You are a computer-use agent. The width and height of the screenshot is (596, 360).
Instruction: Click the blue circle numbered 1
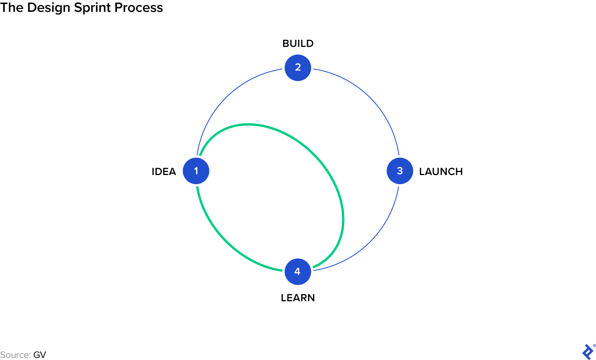(196, 171)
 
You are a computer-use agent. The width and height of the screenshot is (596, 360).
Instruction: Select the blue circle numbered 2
(298, 68)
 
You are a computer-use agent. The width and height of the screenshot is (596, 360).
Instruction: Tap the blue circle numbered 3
(400, 171)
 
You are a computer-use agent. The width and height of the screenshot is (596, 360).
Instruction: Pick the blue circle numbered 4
(298, 272)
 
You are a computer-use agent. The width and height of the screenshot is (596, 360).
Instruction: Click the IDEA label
(164, 172)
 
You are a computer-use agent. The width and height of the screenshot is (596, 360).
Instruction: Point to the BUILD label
(298, 44)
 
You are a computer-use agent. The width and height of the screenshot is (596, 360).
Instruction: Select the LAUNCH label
(441, 172)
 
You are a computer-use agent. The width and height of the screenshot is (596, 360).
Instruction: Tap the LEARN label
(298, 298)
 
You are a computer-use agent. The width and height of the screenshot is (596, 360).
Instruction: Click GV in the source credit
(40, 355)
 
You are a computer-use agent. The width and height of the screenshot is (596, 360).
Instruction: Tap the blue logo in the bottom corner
(588, 352)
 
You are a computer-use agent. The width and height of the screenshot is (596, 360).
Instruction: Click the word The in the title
(12, 8)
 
